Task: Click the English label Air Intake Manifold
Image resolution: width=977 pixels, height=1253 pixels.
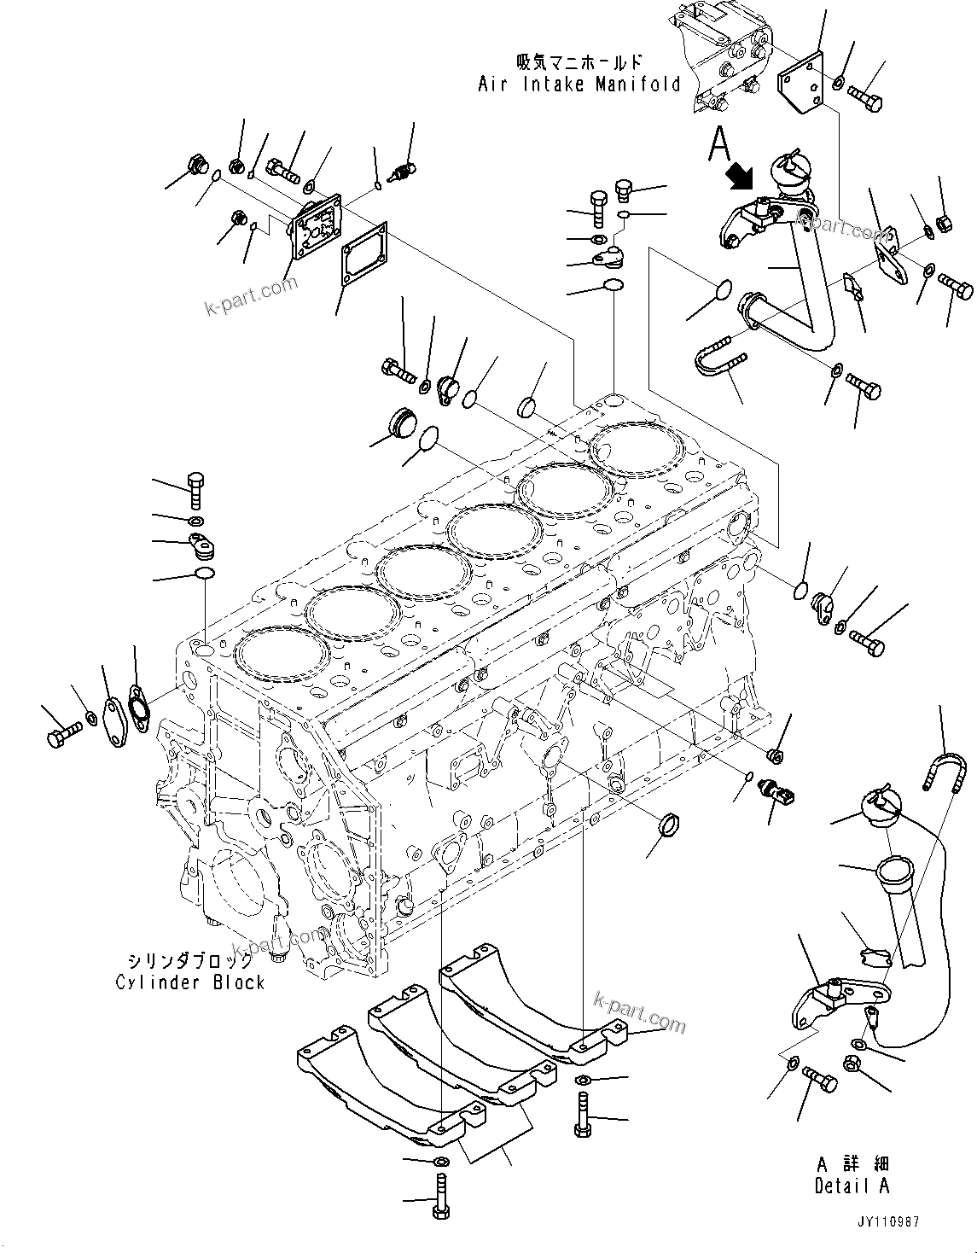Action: point(579,85)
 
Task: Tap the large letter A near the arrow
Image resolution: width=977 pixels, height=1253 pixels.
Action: point(720,144)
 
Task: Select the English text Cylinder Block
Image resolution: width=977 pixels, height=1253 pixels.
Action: point(190,982)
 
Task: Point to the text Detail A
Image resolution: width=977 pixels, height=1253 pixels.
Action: point(851,1186)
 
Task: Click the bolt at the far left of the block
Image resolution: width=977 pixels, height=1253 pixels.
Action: point(62,733)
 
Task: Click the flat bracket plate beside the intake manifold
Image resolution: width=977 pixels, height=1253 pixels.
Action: point(800,84)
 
